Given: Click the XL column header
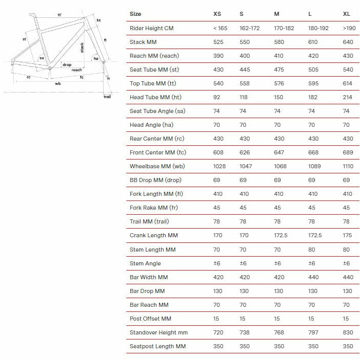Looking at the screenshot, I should click(x=346, y=14).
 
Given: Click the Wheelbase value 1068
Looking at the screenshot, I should click(x=280, y=166).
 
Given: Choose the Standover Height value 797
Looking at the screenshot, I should click(x=313, y=332).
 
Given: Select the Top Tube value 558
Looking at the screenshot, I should click(x=245, y=83).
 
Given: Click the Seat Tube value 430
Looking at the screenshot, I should click(x=218, y=70).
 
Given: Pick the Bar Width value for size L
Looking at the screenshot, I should click(x=313, y=277).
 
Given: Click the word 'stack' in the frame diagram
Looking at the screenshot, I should click(x=82, y=48).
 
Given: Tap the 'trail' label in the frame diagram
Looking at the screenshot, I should click(x=107, y=96).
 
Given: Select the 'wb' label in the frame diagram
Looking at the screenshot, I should click(x=58, y=83).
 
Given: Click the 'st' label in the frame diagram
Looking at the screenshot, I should click(x=24, y=39).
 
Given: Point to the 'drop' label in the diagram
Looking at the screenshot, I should click(x=66, y=65).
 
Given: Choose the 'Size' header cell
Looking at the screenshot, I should click(x=136, y=14).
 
